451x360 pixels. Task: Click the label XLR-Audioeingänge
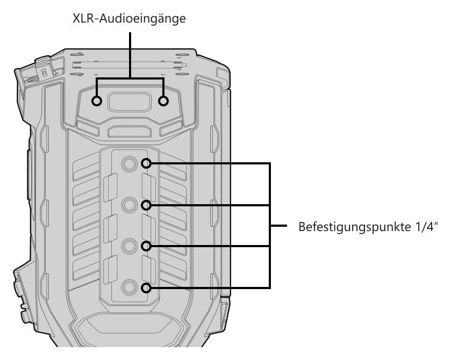coord(129,19)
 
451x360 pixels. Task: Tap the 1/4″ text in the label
coord(427,227)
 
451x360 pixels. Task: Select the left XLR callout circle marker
coord(97,101)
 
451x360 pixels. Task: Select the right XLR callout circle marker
coord(163,101)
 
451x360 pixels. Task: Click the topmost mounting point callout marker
coord(146,163)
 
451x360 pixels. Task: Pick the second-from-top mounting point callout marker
coord(146,205)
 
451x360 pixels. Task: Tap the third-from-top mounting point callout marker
coord(146,246)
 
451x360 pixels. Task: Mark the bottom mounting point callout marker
coord(146,288)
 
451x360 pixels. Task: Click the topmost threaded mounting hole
coord(129,163)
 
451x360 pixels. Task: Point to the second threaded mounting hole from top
coord(129,205)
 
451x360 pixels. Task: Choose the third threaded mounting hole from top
coord(129,246)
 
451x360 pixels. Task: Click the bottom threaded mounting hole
coord(129,287)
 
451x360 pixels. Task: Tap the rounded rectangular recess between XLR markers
coord(130,102)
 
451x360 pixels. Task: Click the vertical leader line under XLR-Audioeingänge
coord(130,55)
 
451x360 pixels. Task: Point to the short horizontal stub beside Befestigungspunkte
coord(278,226)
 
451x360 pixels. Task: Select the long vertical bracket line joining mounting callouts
coord(269,226)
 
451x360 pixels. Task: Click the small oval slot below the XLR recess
coord(130,132)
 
